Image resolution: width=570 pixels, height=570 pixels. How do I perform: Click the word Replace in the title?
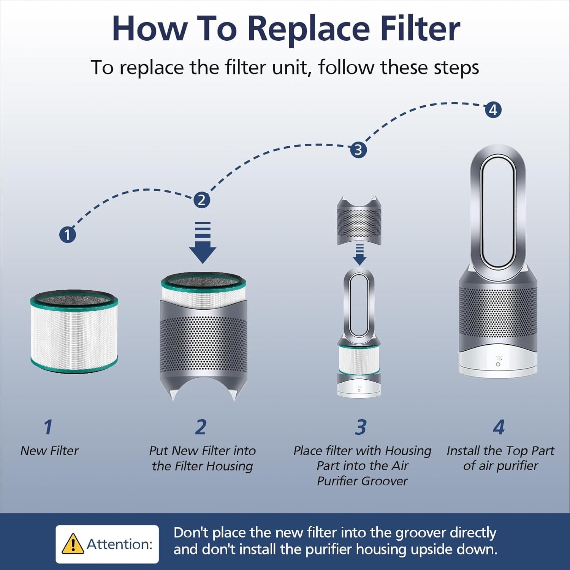click(308, 29)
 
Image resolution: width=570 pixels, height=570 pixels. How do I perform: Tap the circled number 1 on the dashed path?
click(68, 234)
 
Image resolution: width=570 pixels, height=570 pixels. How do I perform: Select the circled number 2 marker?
click(202, 200)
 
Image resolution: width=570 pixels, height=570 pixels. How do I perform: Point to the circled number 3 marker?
click(358, 150)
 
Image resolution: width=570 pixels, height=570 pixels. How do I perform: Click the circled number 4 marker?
click(493, 110)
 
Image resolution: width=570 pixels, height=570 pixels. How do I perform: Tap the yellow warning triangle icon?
click(73, 544)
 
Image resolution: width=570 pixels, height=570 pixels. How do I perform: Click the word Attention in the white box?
click(119, 544)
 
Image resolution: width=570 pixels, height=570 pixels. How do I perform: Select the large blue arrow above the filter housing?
click(203, 242)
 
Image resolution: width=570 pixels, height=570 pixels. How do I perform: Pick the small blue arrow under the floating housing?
click(359, 255)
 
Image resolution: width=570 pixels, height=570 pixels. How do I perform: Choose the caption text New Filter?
click(49, 451)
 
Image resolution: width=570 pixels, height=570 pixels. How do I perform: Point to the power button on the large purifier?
click(498, 364)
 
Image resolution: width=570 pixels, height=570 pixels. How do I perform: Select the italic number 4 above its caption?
click(499, 427)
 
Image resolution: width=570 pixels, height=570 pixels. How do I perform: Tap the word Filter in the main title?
click(421, 29)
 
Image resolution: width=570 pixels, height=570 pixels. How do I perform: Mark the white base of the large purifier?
click(498, 363)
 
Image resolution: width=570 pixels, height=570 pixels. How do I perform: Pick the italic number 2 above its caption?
click(201, 427)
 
